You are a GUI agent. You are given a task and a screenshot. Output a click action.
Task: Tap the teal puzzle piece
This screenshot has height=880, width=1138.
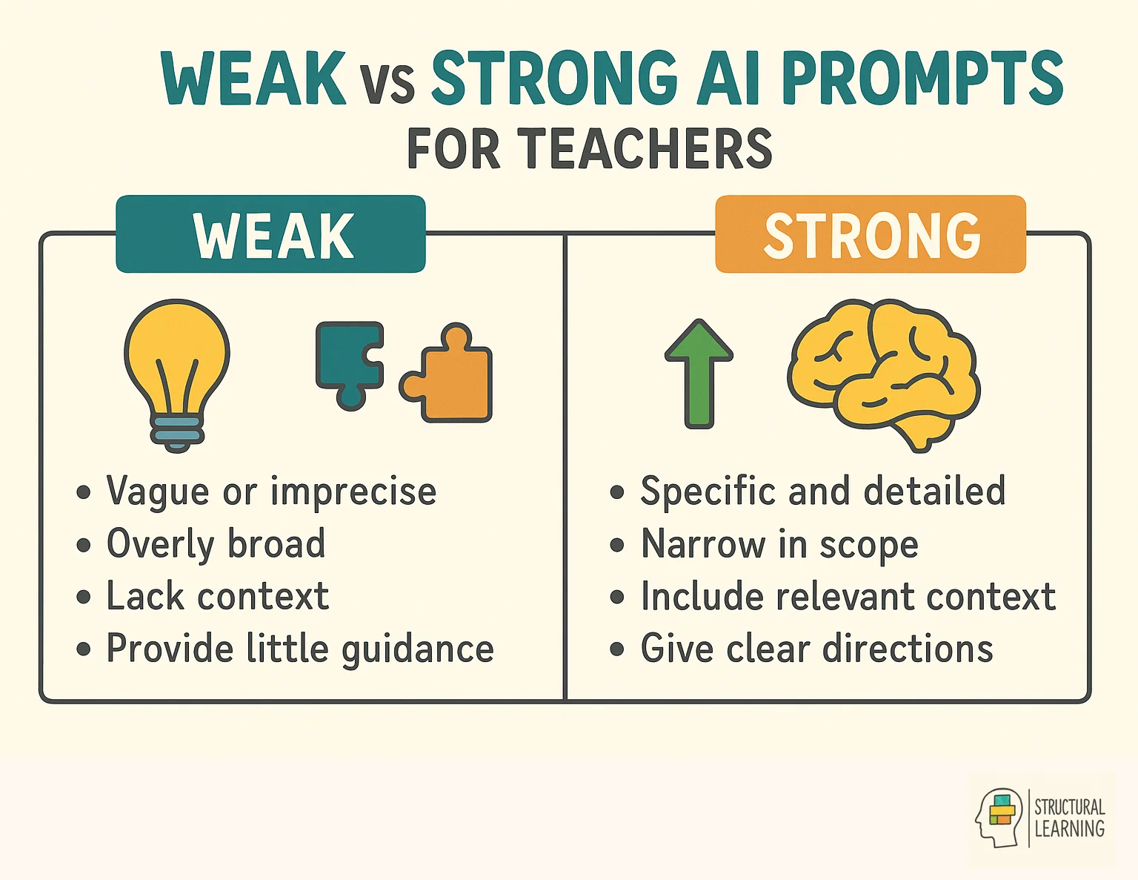[346, 359]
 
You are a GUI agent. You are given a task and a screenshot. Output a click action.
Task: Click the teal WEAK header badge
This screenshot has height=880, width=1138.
[271, 235]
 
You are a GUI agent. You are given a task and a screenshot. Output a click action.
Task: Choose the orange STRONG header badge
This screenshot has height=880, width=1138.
[871, 235]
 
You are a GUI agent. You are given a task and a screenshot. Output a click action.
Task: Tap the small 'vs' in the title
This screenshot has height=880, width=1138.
[387, 83]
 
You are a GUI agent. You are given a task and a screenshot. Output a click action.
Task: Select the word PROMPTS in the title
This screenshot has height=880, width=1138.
[922, 78]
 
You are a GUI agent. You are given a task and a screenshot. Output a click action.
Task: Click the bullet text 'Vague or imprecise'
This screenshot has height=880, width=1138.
[271, 492]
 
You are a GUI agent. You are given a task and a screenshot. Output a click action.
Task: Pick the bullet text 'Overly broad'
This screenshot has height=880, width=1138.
[216, 544]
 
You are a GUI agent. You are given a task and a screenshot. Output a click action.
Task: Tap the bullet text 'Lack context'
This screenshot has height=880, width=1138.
[218, 596]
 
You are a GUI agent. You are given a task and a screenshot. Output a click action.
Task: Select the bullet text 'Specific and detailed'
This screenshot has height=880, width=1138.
[822, 492]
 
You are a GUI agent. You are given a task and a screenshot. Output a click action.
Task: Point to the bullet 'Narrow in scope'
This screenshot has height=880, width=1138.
[779, 544]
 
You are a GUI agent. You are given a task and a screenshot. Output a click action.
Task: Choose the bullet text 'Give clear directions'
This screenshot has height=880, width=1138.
[816, 649]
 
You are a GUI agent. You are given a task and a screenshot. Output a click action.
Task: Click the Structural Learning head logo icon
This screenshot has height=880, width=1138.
[999, 817]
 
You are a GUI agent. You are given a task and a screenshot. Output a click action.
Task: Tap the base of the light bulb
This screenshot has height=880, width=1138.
[176, 431]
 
